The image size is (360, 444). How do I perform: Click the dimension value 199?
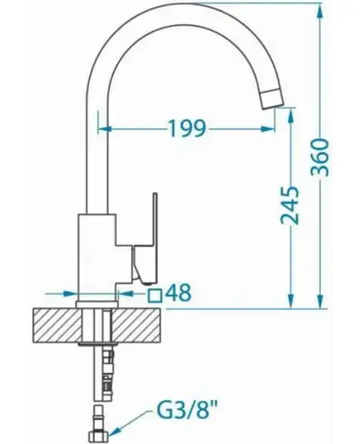[187, 128]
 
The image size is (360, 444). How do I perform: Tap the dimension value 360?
[320, 157]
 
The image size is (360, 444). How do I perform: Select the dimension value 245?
[290, 205]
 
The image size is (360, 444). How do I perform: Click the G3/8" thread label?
[187, 417]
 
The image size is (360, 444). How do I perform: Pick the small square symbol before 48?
[155, 295]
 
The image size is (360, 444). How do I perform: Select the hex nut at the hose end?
[98, 437]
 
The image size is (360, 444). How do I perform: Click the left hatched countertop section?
[58, 325]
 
